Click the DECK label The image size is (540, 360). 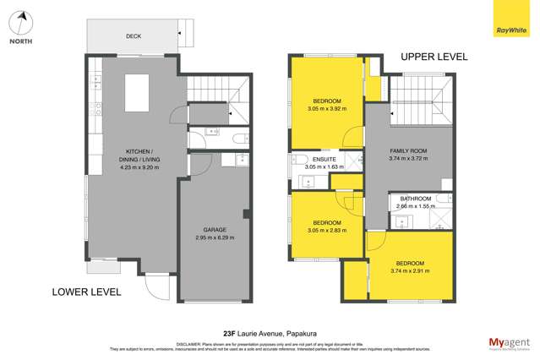tap(133, 36)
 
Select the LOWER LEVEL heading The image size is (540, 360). tap(86, 292)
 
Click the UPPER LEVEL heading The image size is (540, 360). tap(434, 57)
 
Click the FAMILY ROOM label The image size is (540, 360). tap(407, 151)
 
